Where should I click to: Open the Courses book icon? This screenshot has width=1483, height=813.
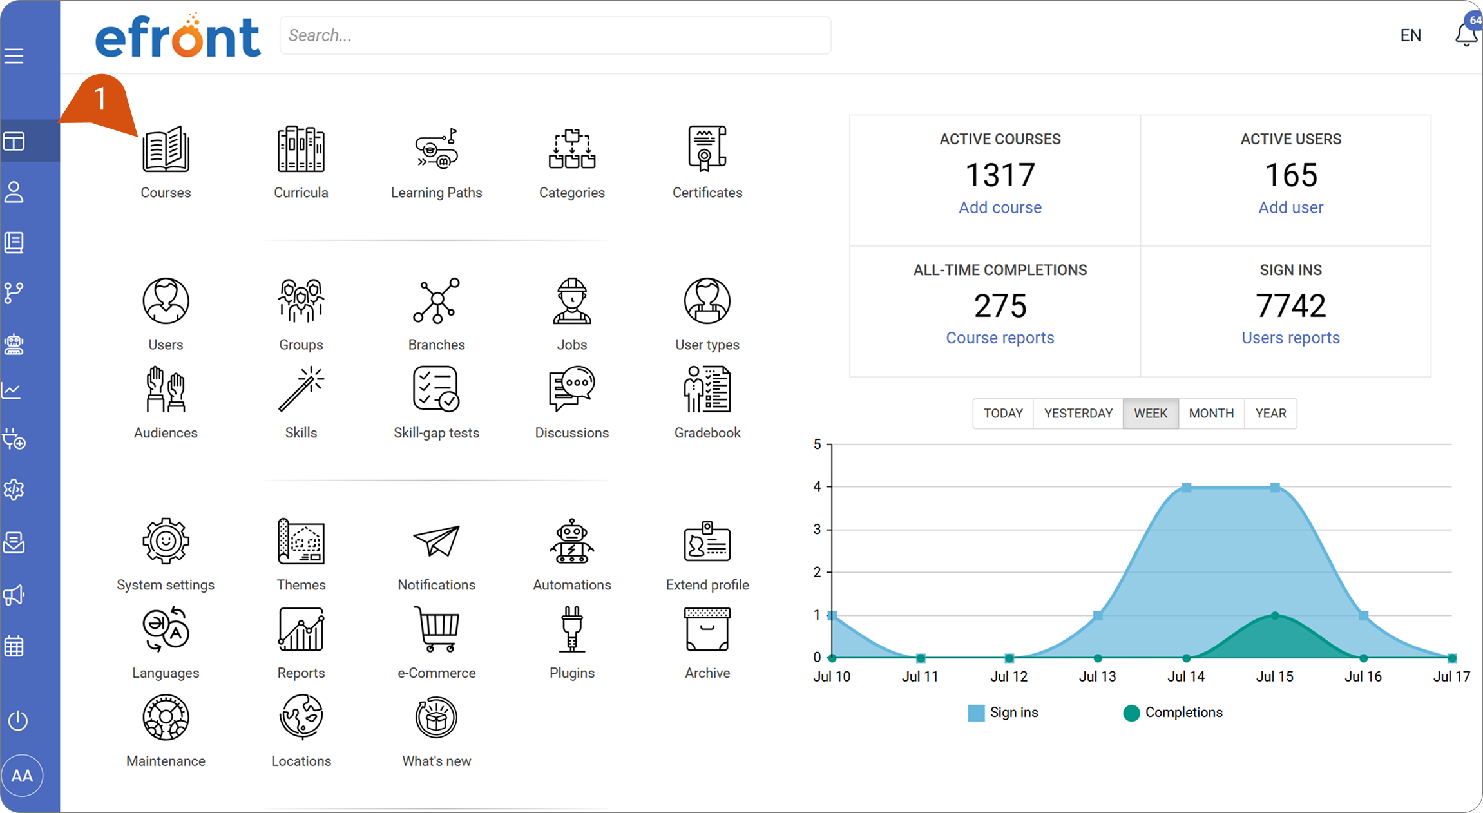point(166,149)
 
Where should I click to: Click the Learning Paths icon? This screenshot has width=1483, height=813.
point(436,149)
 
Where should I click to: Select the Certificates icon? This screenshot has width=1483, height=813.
point(707,149)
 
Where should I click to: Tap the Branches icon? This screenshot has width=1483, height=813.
point(436,301)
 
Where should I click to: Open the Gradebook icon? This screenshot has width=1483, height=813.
point(707,389)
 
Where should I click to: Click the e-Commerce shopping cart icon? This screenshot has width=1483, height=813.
point(436,629)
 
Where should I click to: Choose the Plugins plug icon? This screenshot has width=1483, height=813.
point(571,629)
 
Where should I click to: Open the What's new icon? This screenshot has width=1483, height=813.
point(436,717)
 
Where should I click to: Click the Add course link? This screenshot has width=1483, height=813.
point(1000,207)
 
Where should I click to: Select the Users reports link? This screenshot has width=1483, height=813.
point(1290,338)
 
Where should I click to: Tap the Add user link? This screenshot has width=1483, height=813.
point(1290,207)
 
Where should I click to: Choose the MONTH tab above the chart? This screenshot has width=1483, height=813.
point(1211,414)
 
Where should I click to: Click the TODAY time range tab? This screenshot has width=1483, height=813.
point(1003,414)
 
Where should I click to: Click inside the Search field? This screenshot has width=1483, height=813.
point(555,35)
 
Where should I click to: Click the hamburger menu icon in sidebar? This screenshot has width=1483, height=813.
point(14,56)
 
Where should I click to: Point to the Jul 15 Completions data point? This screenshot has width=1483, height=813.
point(1275,615)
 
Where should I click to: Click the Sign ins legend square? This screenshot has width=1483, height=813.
point(976,713)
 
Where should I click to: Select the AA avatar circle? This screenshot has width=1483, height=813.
point(22,776)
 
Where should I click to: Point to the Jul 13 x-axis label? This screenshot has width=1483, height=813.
point(1097,676)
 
